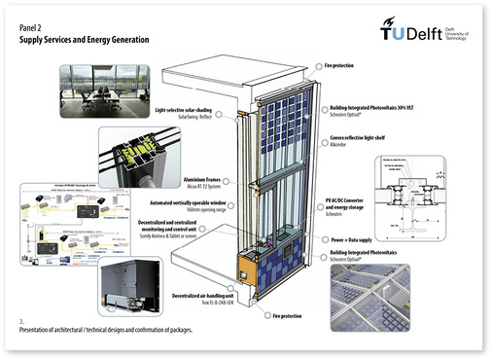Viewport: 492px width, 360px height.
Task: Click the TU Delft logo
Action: [x=422, y=32]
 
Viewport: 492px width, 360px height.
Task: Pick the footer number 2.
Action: [x=20, y=318]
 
